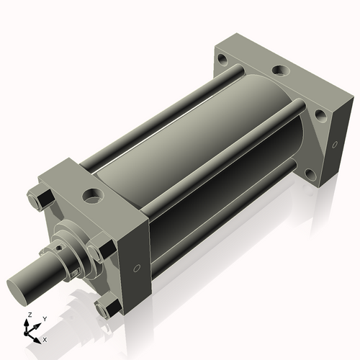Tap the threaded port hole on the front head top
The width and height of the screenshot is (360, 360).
coord(93,194)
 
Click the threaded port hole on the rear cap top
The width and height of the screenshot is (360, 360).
coord(279,72)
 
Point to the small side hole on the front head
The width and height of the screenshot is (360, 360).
coord(137,269)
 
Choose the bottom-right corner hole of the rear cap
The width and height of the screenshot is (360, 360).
coord(310,174)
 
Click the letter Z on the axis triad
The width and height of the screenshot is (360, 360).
coord(29,315)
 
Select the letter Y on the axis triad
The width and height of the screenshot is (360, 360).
coord(44,319)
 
